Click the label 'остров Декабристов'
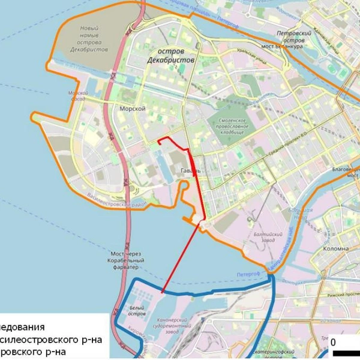click(x=170, y=56)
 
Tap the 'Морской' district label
click(x=133, y=109)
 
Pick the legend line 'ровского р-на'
click(x=33, y=352)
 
